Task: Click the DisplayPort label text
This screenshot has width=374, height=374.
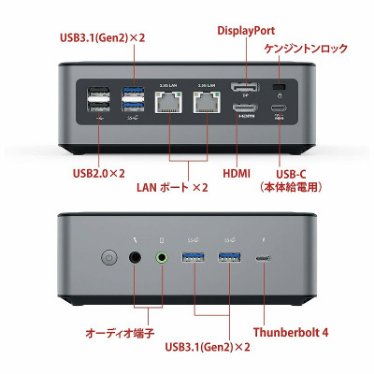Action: [x=246, y=31]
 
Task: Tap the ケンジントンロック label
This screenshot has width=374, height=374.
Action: [x=306, y=49]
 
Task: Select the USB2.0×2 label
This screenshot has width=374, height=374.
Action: [x=99, y=173]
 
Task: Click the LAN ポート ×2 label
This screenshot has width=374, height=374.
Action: [x=172, y=187]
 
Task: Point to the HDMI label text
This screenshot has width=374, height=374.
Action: [x=237, y=174]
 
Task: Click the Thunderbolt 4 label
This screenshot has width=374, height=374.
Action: [x=291, y=332]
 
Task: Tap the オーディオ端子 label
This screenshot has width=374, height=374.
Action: [x=120, y=333]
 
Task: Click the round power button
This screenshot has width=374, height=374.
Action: [x=109, y=258]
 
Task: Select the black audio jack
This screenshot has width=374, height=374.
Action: [x=135, y=258]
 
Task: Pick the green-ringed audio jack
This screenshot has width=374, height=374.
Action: [x=162, y=258]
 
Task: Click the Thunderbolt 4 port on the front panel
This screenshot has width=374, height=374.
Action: [x=264, y=258]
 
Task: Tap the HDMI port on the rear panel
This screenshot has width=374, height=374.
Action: [x=245, y=108]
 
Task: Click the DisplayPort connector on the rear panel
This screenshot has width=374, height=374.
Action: [x=244, y=86]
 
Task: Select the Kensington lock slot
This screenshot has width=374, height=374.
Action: [x=279, y=86]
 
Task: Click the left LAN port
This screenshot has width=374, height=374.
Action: [x=168, y=102]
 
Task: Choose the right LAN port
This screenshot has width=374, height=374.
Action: [x=207, y=102]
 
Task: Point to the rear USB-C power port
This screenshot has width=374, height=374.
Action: [x=279, y=108]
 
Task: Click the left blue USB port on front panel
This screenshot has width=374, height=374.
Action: [x=193, y=257]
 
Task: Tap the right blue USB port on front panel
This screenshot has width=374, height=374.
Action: [x=229, y=257]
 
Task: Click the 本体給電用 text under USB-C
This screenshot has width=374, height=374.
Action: [x=291, y=187]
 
